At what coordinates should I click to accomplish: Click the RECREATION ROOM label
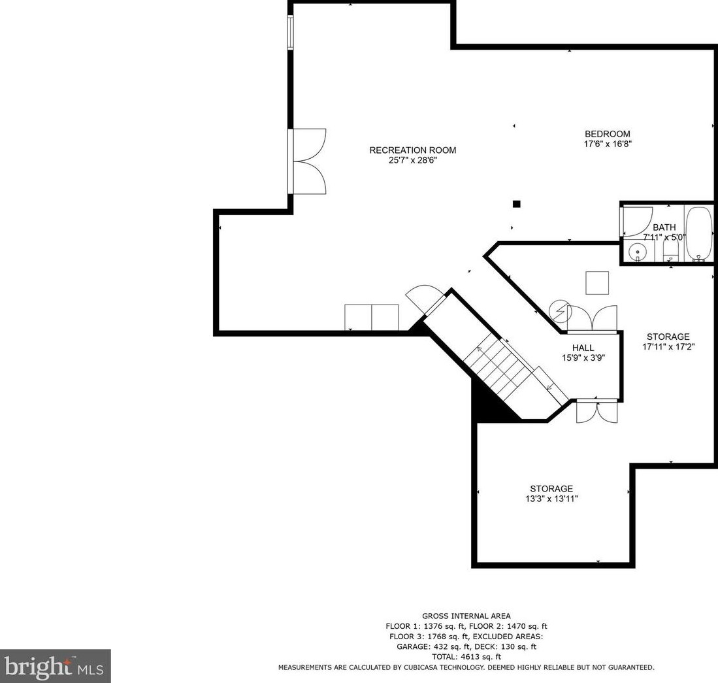[x=412, y=150]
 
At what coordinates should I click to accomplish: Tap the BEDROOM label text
[x=607, y=134]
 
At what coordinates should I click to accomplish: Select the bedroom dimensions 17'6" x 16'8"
[x=607, y=144]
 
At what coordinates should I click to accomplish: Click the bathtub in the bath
[x=699, y=233]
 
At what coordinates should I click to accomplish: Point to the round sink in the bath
[x=636, y=252]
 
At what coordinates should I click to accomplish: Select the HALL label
[x=583, y=348]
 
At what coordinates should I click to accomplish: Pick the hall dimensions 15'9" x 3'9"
[x=583, y=358]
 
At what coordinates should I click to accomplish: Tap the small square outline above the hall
[x=596, y=282]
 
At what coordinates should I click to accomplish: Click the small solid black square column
[x=516, y=204]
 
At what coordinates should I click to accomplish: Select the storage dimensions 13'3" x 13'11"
[x=551, y=498]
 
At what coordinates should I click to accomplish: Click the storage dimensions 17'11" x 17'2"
[x=668, y=347]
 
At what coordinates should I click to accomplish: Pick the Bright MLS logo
[x=55, y=667]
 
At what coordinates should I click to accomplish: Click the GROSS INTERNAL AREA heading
[x=466, y=616]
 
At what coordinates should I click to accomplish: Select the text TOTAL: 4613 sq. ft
[x=466, y=657]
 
